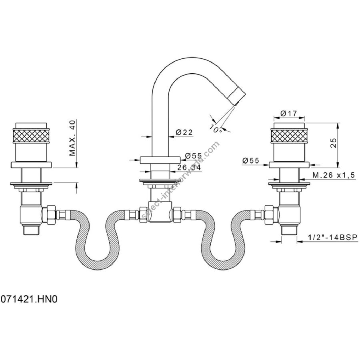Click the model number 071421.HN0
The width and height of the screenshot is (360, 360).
29,299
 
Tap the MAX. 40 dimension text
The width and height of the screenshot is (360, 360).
72,138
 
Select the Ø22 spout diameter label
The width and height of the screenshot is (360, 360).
184,132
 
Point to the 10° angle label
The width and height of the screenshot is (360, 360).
216,129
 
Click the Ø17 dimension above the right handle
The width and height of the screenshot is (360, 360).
288,113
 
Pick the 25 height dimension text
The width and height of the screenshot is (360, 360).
334,143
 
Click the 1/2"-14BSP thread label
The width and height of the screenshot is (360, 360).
333,237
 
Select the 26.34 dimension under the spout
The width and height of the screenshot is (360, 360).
189,168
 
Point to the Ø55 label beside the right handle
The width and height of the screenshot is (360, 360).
250,160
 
